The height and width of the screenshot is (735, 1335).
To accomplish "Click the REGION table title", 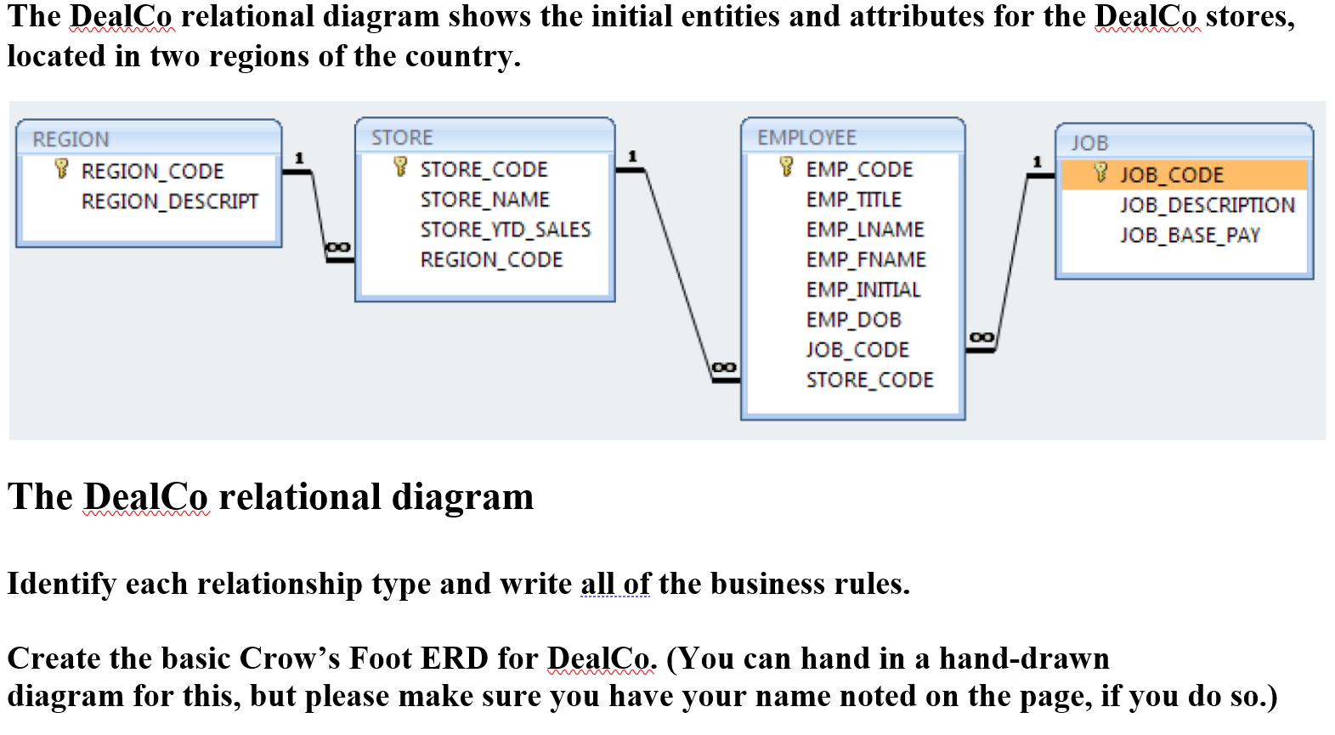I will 71,139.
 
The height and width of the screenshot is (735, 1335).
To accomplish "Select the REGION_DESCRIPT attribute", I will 169,201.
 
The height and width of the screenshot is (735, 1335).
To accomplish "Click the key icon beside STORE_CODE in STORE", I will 400,167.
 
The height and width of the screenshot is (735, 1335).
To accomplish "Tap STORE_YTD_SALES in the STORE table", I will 505,229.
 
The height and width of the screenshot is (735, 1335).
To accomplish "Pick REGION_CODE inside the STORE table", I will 491,260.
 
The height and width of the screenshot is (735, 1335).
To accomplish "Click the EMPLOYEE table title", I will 806,138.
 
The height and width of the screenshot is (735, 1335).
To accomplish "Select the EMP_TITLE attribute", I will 853,200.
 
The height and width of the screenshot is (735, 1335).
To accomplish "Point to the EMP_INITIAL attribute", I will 863,290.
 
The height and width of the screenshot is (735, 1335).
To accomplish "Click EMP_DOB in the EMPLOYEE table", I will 853,320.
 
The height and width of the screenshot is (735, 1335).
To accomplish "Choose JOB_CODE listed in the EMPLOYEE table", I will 857,350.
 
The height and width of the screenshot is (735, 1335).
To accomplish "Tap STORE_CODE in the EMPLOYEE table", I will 869,380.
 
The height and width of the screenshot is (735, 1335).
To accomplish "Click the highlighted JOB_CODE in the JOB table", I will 1171,175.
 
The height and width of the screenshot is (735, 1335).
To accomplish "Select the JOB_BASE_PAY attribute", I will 1189,235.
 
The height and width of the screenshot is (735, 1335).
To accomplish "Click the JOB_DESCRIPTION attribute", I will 1207,205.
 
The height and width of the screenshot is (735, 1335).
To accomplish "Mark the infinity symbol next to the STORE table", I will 337,247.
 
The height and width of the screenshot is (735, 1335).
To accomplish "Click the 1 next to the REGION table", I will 298,158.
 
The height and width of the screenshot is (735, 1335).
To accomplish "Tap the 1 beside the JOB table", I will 1036,161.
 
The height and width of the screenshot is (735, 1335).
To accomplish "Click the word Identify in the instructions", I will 61,584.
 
